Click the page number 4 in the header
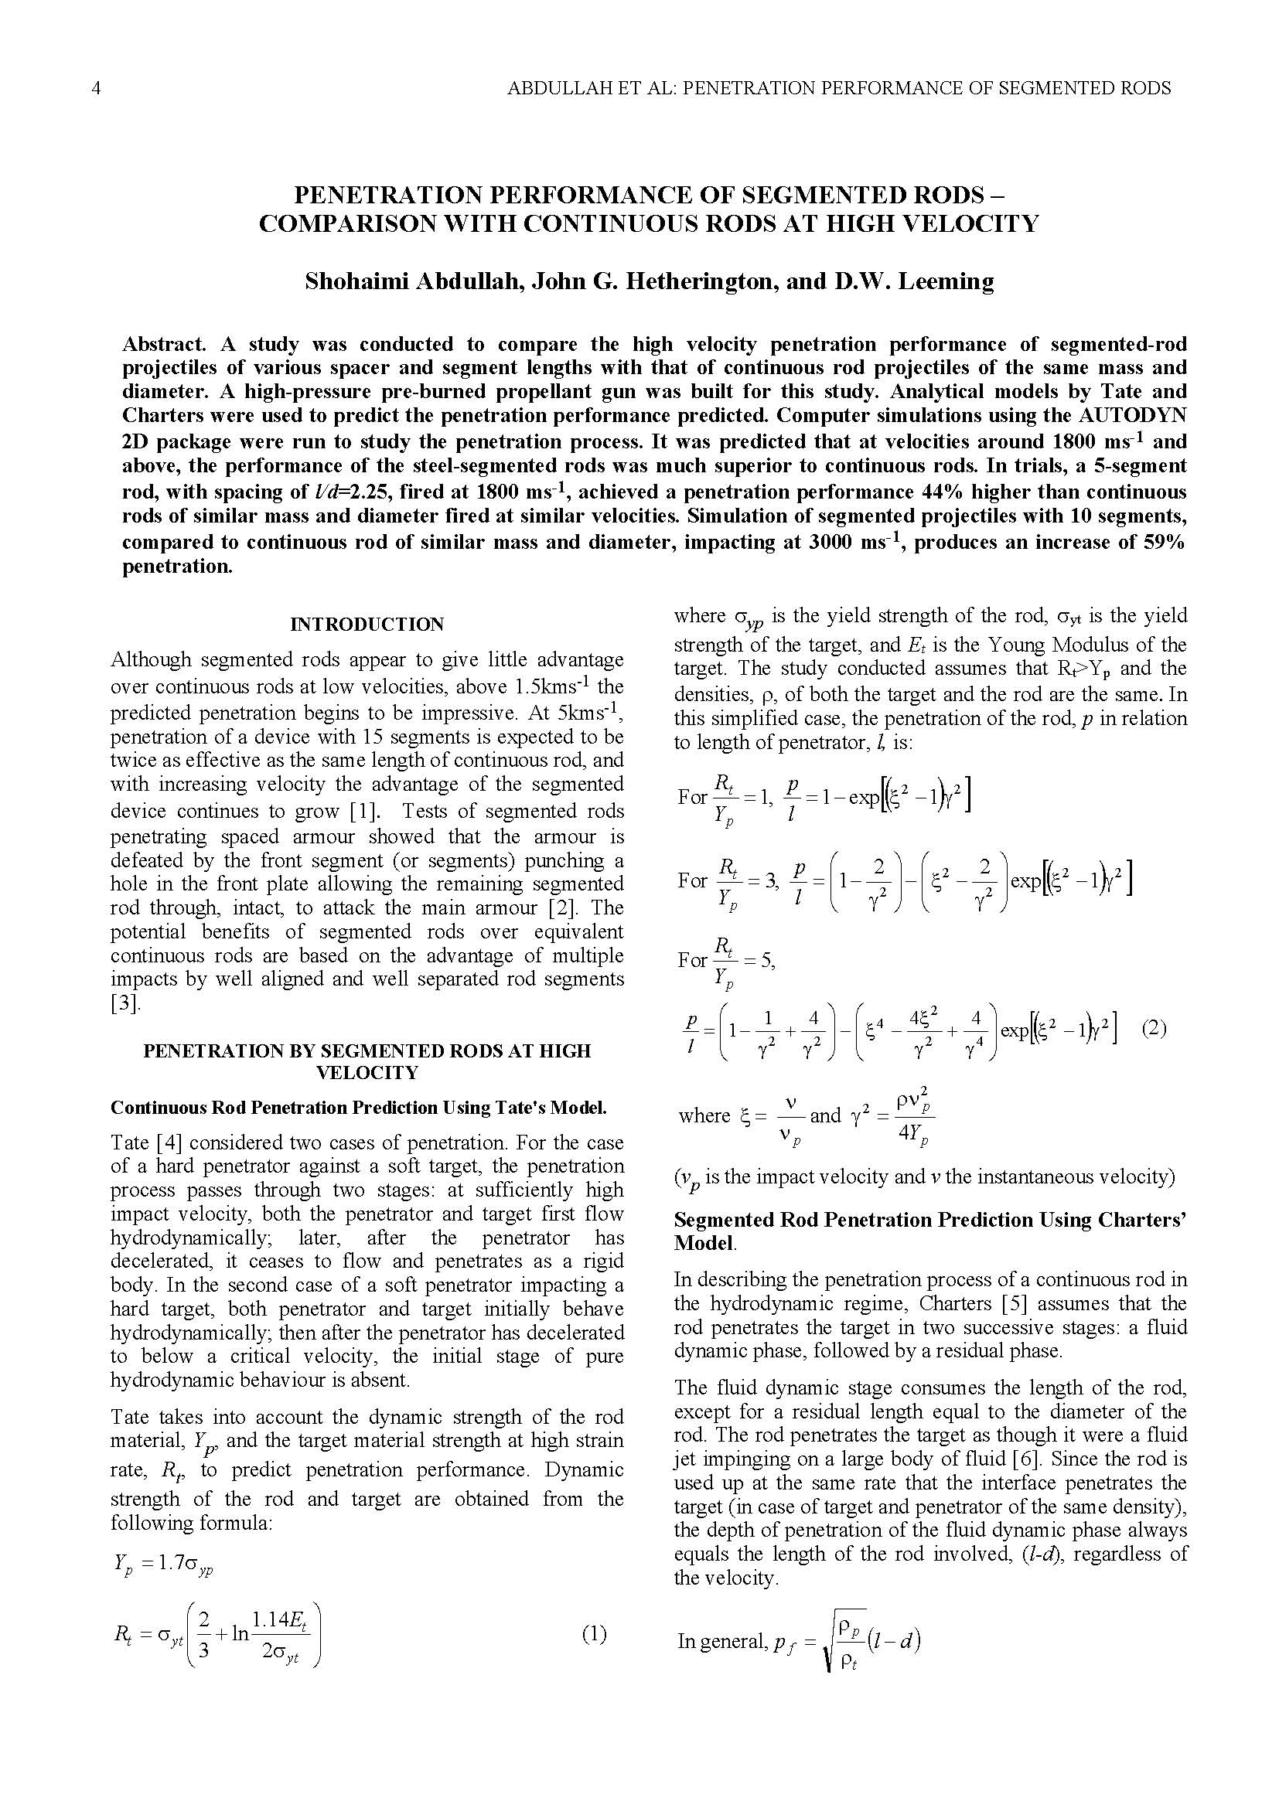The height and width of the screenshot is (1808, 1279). pos(96,88)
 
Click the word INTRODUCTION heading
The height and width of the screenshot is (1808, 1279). pos(367,625)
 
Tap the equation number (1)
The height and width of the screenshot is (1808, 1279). pos(595,1635)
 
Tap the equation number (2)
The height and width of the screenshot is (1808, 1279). pos(1154,1028)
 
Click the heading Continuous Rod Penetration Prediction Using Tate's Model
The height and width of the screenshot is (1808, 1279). pos(358,1108)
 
